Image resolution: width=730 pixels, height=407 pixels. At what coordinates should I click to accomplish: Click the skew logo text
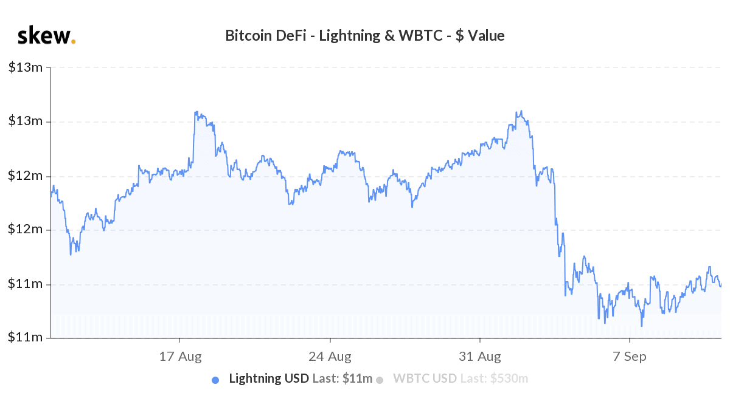[x=44, y=36]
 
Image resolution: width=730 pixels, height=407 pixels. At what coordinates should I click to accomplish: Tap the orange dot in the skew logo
[x=74, y=41]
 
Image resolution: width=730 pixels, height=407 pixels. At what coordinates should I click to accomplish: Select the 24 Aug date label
[x=330, y=356]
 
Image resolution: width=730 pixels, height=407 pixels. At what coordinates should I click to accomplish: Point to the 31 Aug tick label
[x=480, y=356]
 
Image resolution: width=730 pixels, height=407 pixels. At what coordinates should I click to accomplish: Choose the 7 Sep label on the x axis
[x=630, y=356]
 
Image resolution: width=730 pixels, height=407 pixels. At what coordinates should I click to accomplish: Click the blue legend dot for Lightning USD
[x=215, y=380]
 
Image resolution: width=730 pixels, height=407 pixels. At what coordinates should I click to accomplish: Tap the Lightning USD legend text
[x=269, y=379]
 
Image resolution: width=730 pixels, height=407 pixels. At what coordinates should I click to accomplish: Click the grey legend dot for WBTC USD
[x=380, y=380]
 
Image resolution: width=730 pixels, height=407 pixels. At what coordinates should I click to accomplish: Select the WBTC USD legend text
[x=425, y=379]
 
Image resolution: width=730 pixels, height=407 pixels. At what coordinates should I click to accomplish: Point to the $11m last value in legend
[x=357, y=379]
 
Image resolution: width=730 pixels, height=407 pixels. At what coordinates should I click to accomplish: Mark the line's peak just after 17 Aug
[x=195, y=112]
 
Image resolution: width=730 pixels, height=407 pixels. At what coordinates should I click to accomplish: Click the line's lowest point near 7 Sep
[x=642, y=326]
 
